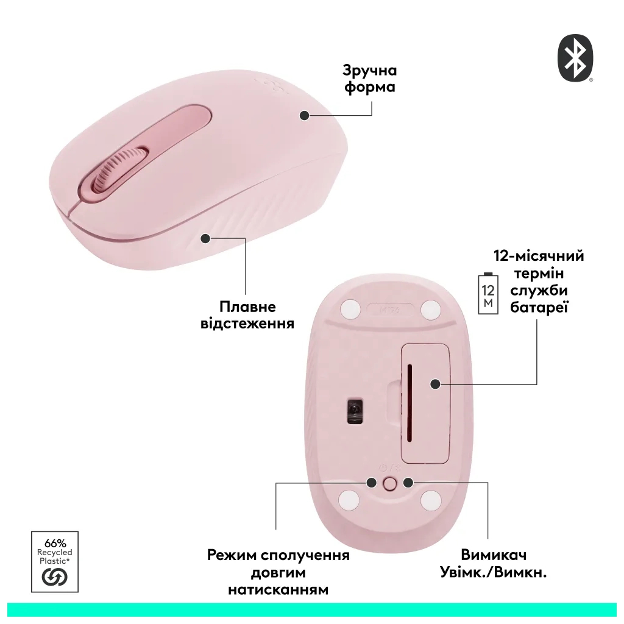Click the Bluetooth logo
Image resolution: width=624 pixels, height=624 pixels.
(x=575, y=58)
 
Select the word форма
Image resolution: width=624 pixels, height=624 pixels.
(x=370, y=87)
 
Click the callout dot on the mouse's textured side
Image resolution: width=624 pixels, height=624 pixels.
(x=205, y=238)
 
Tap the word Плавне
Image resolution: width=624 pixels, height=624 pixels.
(x=247, y=306)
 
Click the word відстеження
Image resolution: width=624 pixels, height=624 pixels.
(x=247, y=324)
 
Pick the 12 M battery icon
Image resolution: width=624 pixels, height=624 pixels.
(x=488, y=294)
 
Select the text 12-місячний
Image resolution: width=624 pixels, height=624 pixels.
(x=539, y=255)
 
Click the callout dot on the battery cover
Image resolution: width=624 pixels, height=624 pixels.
(x=435, y=384)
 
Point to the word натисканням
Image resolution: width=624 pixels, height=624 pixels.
(x=278, y=590)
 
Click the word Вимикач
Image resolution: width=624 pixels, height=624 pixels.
(x=494, y=555)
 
